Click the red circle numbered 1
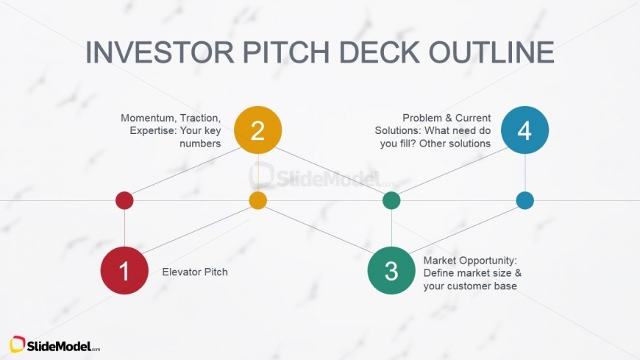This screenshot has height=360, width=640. (124, 270)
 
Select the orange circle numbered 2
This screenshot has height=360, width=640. (258, 130)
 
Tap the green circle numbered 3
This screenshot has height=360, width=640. (391, 270)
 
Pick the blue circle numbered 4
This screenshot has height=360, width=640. (525, 130)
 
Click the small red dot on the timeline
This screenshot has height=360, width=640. (124, 201)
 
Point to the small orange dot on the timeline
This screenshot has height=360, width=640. (258, 201)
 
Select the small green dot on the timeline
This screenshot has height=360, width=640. (391, 201)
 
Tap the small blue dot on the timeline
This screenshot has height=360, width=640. (525, 201)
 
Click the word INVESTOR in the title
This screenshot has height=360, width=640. (160, 52)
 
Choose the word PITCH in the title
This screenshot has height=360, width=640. (286, 52)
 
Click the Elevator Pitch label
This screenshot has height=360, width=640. (195, 272)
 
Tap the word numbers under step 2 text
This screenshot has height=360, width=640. (200, 144)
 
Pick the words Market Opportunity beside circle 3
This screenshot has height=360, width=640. (470, 261)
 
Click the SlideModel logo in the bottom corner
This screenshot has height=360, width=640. (54, 345)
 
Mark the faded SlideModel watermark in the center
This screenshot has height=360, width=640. (322, 177)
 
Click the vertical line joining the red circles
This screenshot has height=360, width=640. (124, 228)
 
